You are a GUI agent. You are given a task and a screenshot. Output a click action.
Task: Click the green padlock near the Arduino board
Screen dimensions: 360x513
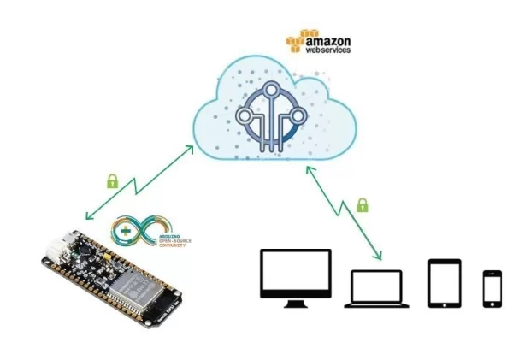[x=111, y=180]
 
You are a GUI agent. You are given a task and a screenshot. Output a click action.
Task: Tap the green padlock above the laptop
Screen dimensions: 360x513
[x=363, y=205]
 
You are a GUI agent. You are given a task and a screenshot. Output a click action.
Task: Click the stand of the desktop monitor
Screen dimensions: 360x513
[x=295, y=302]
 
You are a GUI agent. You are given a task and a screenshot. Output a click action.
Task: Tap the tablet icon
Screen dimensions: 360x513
[x=444, y=282]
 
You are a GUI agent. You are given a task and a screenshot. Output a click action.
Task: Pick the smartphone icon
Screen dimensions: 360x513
[x=492, y=288]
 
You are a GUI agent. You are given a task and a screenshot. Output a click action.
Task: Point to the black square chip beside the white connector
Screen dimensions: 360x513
[x=85, y=250]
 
